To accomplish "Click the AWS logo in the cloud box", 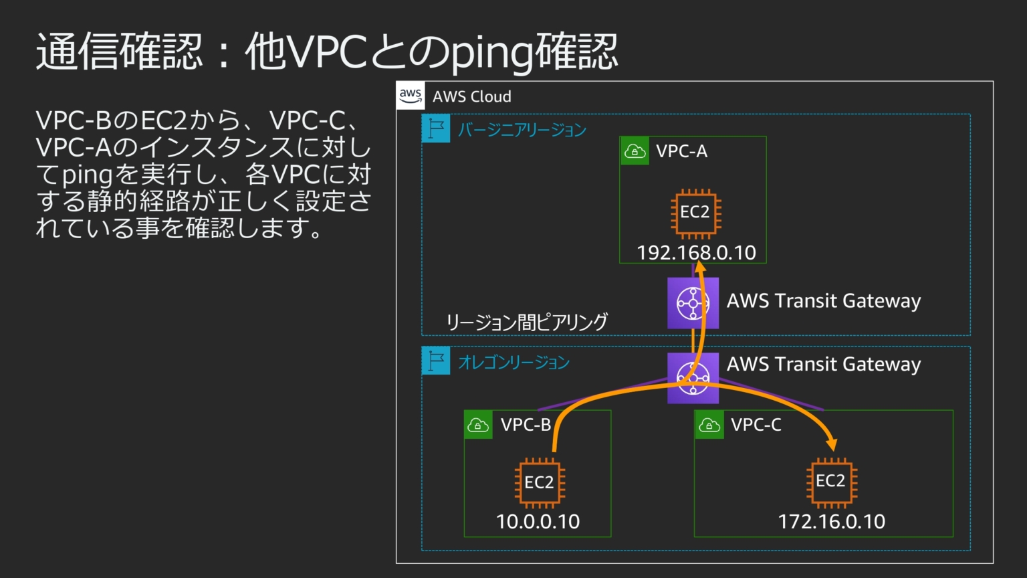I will pyautogui.click(x=410, y=96).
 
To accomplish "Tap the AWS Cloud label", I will pyautogui.click(x=471, y=96).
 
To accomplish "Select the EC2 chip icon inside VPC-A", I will pyautogui.click(x=695, y=214).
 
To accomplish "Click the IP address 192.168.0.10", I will pyautogui.click(x=696, y=253).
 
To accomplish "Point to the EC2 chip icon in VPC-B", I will pyautogui.click(x=540, y=482).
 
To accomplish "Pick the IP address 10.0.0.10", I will pyautogui.click(x=538, y=522).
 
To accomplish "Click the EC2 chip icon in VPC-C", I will pyautogui.click(x=831, y=481).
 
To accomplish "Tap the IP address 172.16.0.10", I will pyautogui.click(x=831, y=522).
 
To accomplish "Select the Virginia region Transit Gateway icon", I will pyautogui.click(x=693, y=303).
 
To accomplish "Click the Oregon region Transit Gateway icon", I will pyautogui.click(x=693, y=378).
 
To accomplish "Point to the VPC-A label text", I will pyautogui.click(x=681, y=151).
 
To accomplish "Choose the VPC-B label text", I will pyautogui.click(x=526, y=425).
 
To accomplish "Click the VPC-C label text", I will pyautogui.click(x=756, y=425).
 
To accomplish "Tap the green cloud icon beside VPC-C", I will pyautogui.click(x=709, y=425).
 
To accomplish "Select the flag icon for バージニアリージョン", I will pyautogui.click(x=436, y=128).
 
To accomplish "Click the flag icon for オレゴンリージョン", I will pyautogui.click(x=436, y=361).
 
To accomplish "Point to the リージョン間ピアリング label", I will pyautogui.click(x=527, y=322).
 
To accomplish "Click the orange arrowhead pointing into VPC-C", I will pyautogui.click(x=831, y=444).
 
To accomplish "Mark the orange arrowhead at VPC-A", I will pyautogui.click(x=700, y=267).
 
